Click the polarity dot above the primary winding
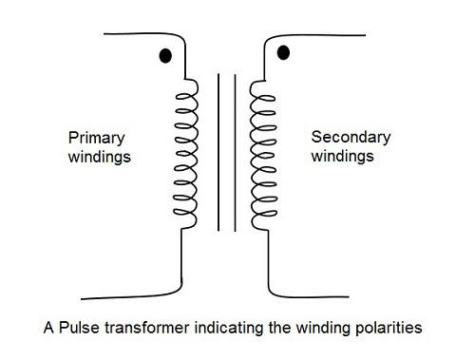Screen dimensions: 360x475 tap(165, 56)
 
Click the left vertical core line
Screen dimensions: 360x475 tap(218, 152)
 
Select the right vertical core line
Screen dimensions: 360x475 tap(233, 152)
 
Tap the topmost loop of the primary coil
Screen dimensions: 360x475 tap(185, 86)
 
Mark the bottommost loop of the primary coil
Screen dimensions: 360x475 tap(185, 220)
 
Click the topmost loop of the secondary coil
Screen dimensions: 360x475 tap(259, 88)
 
